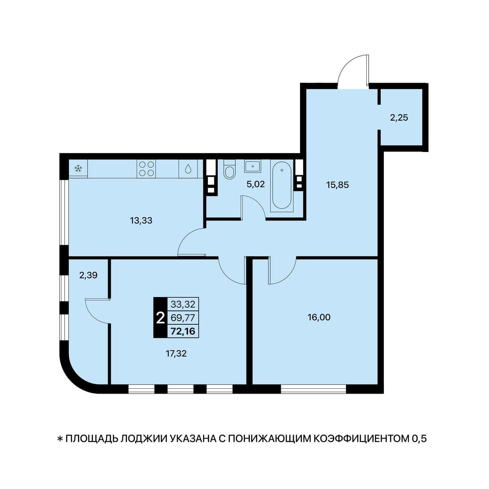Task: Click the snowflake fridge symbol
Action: pos(78,169)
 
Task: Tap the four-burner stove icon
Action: pos(146,169)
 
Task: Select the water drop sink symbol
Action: pos(188,169)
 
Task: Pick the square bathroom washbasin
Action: pos(253,166)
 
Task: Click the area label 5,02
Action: pos(256,184)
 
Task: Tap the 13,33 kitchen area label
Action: pos(141,220)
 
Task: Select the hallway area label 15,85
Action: pos(337,185)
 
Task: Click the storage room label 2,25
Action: pos(399,118)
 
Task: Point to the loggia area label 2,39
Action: pos(88,275)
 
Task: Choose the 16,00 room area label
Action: pos(319,317)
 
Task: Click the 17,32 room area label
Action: pos(176,353)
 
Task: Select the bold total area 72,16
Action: pos(183,331)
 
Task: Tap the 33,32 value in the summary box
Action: pos(183,304)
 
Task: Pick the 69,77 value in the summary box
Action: pos(183,318)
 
